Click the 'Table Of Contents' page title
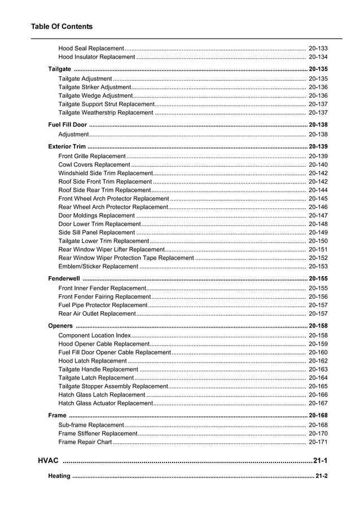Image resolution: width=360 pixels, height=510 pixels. [x=62, y=27]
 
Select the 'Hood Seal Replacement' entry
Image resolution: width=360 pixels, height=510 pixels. [x=91, y=49]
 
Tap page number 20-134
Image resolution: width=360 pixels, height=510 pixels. [x=318, y=57]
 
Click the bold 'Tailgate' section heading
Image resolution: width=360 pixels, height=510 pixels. [x=60, y=69]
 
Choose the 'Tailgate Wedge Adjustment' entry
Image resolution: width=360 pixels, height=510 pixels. [x=95, y=96]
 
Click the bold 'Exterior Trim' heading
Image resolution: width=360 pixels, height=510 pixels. [x=67, y=146]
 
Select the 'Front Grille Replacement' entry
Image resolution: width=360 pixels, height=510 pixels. [x=92, y=156]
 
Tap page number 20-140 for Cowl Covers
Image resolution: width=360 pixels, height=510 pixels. [x=318, y=165]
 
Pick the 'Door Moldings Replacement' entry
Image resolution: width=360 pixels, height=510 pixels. [x=96, y=216]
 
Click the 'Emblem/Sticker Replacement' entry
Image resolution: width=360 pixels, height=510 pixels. [x=98, y=267]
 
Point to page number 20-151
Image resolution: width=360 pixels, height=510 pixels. [x=318, y=250]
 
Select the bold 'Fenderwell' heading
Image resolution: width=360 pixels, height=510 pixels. [x=64, y=278]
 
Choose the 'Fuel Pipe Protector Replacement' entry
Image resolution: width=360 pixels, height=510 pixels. [x=103, y=305]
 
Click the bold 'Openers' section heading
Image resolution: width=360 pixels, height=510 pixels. [x=60, y=326]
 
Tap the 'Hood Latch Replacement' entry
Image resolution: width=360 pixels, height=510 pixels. [x=93, y=361]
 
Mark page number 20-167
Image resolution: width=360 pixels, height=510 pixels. [x=318, y=403]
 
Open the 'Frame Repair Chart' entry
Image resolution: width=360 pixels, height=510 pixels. [x=85, y=442]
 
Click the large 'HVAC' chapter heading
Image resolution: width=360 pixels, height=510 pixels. [x=48, y=461]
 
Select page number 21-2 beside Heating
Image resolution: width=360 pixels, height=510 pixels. [x=322, y=476]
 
